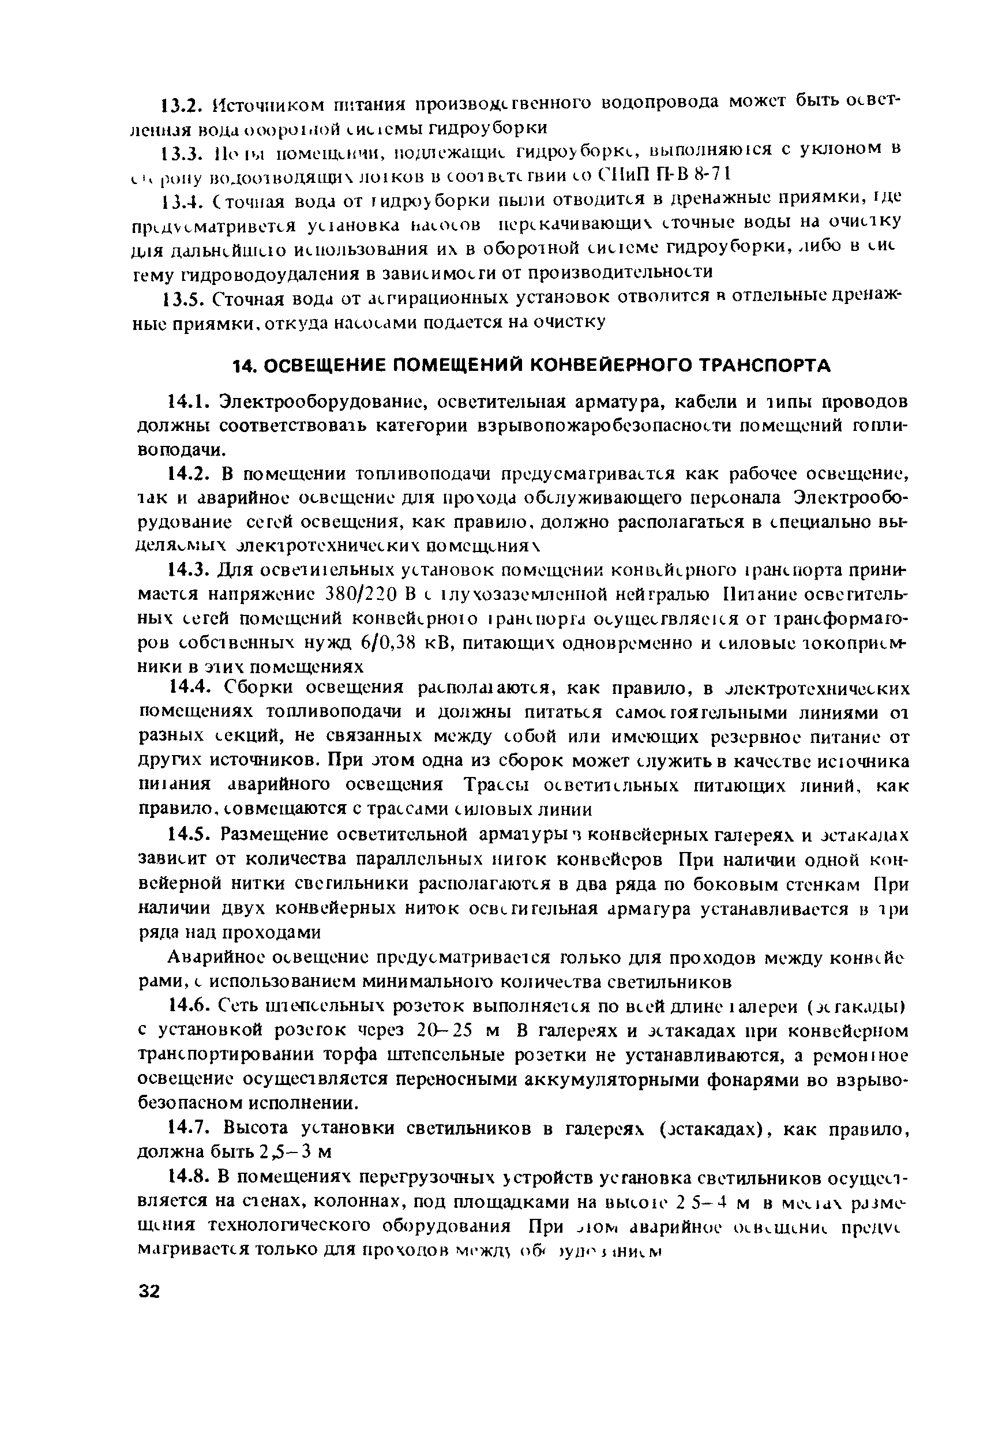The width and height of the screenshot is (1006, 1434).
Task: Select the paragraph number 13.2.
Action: tap(179, 104)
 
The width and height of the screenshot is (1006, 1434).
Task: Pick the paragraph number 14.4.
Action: tap(189, 688)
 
